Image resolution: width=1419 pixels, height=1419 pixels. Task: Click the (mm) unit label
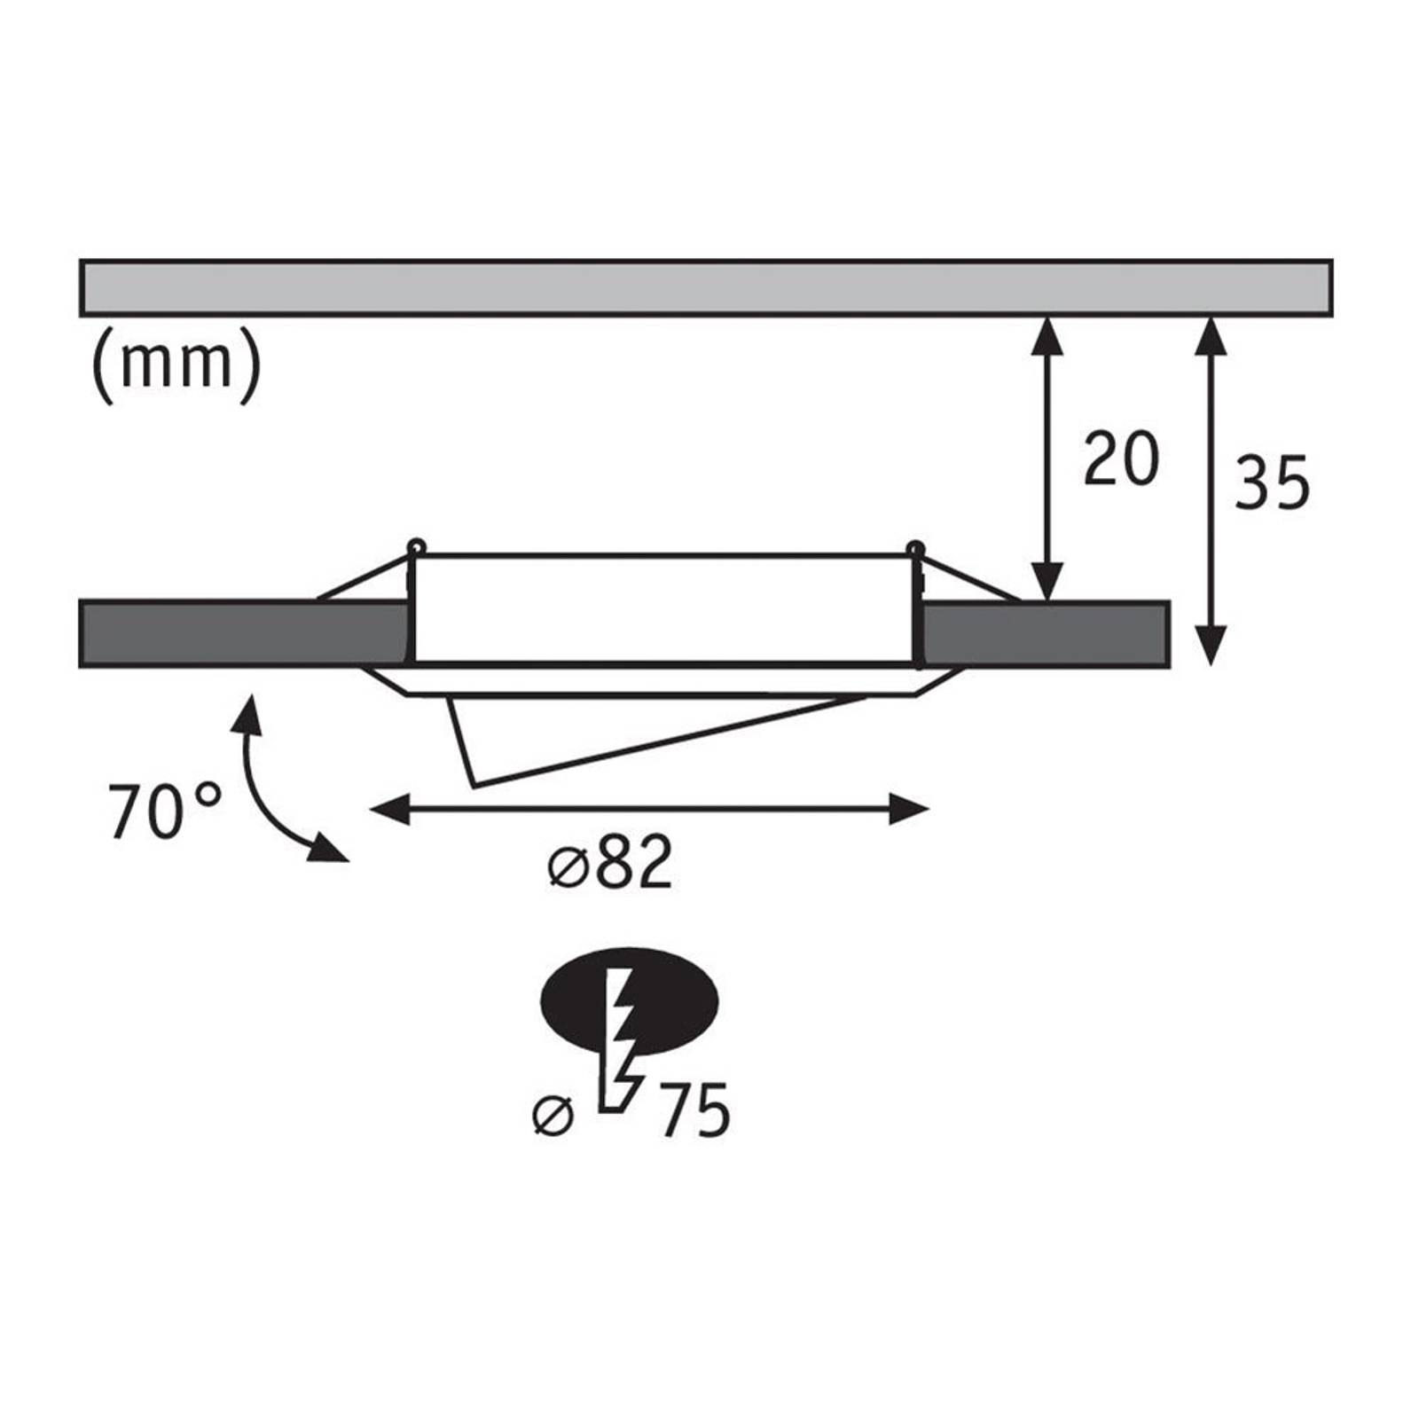176,365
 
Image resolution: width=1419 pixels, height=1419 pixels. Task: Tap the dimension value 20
1121,459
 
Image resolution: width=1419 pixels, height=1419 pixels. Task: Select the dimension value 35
1273,483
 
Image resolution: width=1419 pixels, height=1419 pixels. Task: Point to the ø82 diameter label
610,861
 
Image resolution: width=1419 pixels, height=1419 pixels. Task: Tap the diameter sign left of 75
553,1115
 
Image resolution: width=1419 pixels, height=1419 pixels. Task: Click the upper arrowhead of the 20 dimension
1049,336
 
